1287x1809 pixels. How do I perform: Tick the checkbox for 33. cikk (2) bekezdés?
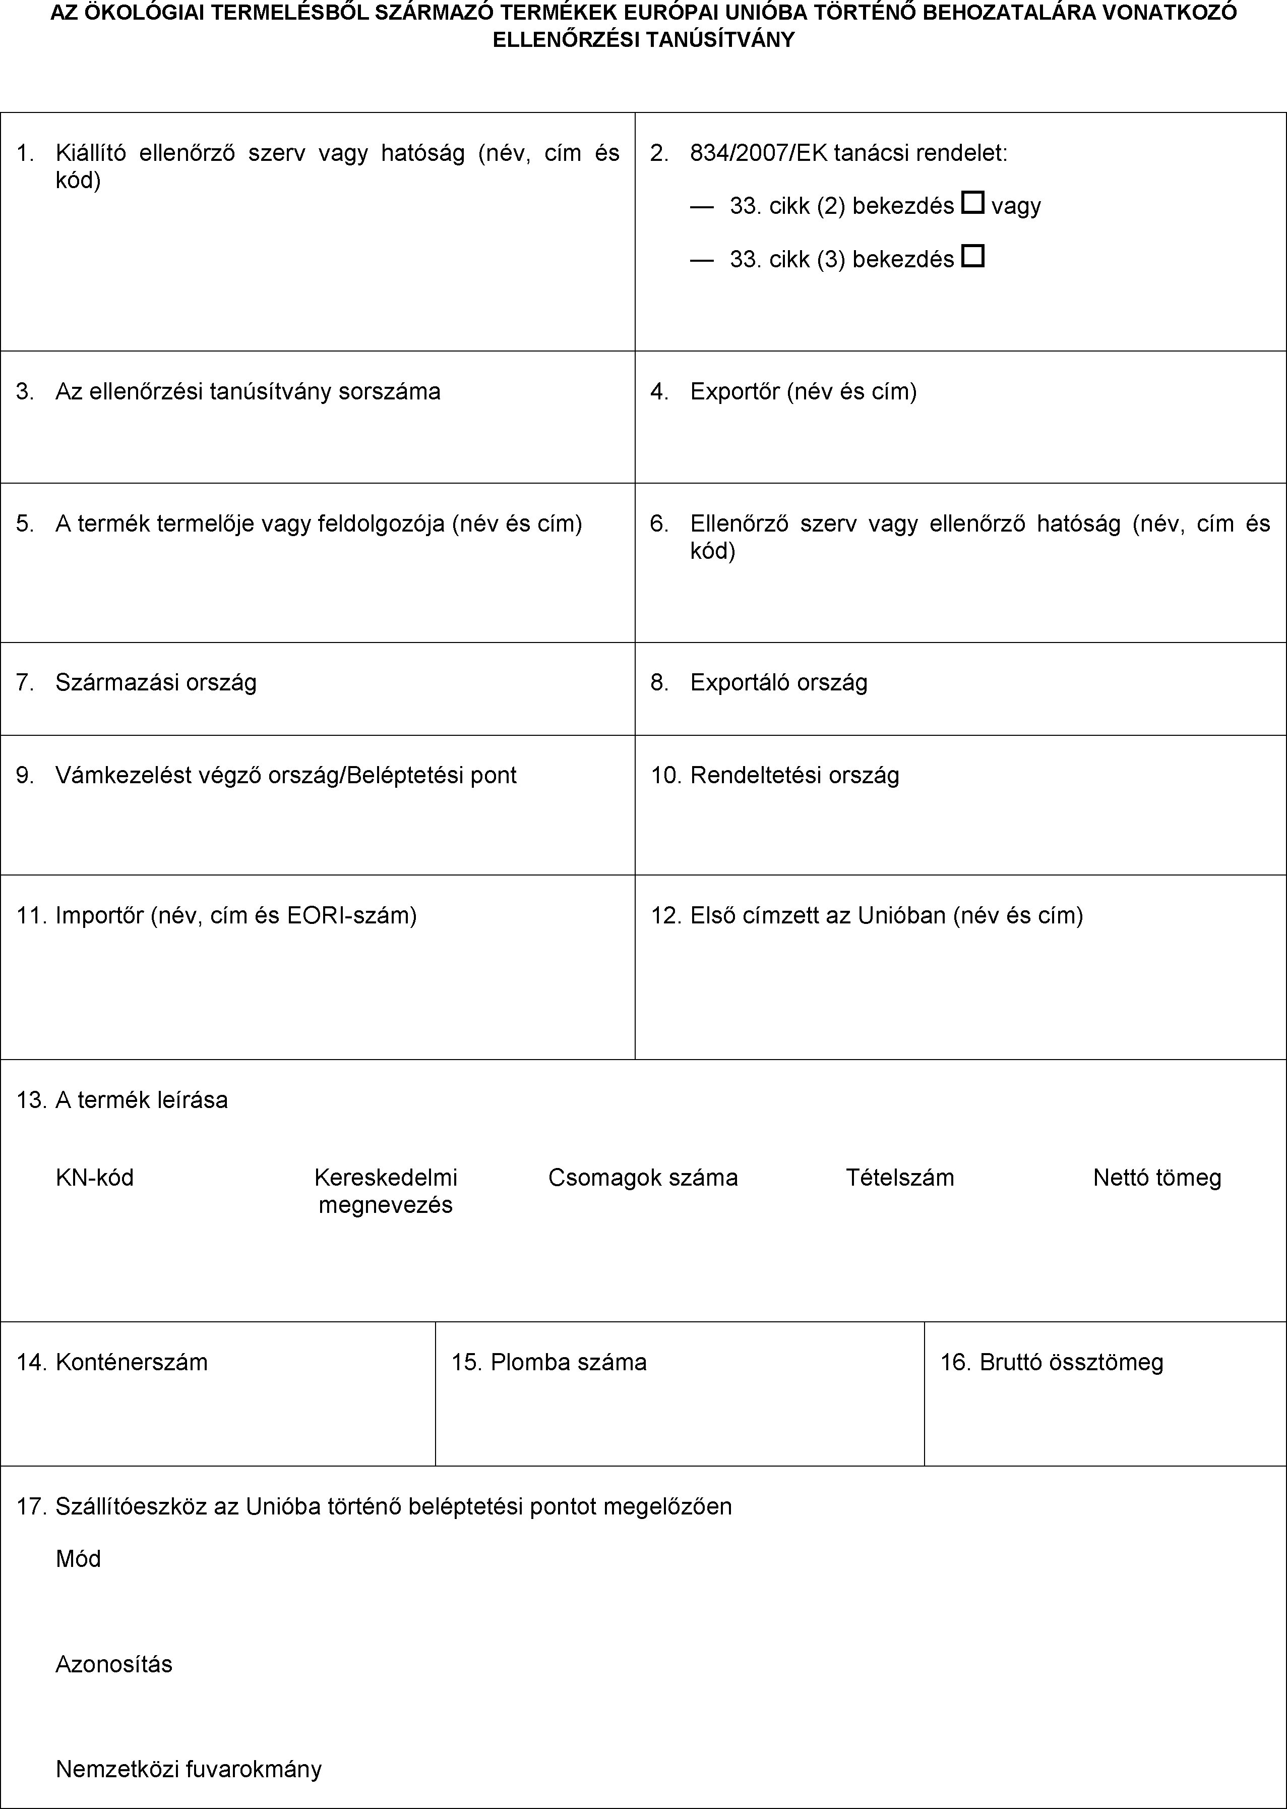pyautogui.click(x=972, y=204)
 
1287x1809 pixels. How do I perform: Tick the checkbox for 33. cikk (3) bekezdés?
pyautogui.click(x=972, y=257)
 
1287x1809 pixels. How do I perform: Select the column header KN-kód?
pyautogui.click(x=94, y=1177)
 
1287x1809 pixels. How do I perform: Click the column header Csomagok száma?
pyautogui.click(x=643, y=1177)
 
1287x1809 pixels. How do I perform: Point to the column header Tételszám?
pyautogui.click(x=899, y=1177)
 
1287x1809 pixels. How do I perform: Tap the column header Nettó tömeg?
pyautogui.click(x=1156, y=1177)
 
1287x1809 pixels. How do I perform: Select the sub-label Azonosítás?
pyautogui.click(x=113, y=1663)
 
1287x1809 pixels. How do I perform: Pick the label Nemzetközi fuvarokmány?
pyautogui.click(x=189, y=1769)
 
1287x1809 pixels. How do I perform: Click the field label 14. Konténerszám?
pyautogui.click(x=112, y=1362)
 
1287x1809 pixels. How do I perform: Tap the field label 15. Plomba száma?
pyautogui.click(x=549, y=1362)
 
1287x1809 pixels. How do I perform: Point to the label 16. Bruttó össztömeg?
pyautogui.click(x=1052, y=1362)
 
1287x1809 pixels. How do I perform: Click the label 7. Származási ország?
pyautogui.click(x=136, y=682)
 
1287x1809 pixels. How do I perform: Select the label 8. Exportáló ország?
pyautogui.click(x=759, y=682)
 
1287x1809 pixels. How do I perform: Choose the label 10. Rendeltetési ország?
pyautogui.click(x=775, y=775)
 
